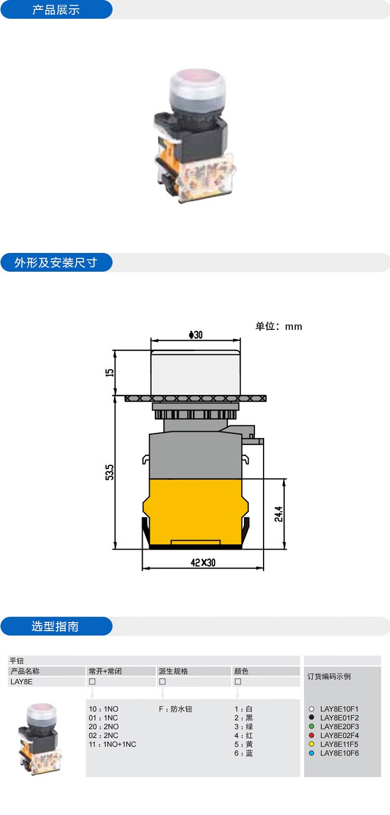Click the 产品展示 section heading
[56, 10]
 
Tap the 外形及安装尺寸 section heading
[56, 262]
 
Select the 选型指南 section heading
[55, 626]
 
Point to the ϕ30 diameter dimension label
[196, 335]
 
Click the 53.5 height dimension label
[110, 472]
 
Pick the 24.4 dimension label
[279, 514]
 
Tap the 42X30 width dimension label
[203, 563]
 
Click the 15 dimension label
[110, 372]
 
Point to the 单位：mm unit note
[279, 326]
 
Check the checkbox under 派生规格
[162, 682]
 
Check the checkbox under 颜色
[238, 682]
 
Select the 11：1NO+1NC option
[112, 744]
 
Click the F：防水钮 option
[176, 709]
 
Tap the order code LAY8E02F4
[340, 736]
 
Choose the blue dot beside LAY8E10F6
[311, 753]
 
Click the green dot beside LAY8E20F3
[311, 726]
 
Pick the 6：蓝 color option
[243, 753]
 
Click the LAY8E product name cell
[21, 682]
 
